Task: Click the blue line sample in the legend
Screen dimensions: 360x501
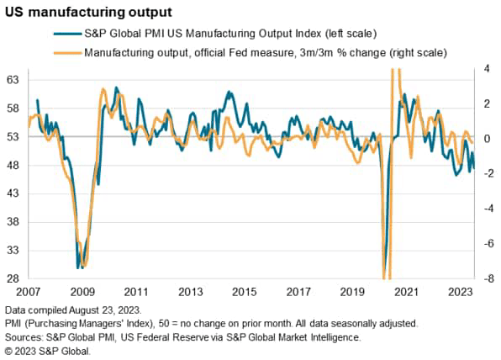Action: pyautogui.click(x=62, y=33)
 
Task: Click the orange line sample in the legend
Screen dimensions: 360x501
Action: pyautogui.click(x=62, y=53)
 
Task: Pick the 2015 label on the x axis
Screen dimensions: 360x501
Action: pyautogui.click(x=244, y=293)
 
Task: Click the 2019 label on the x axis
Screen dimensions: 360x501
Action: pyautogui.click(x=352, y=293)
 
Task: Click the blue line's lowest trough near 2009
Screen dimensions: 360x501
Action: pyautogui.click(x=78, y=267)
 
